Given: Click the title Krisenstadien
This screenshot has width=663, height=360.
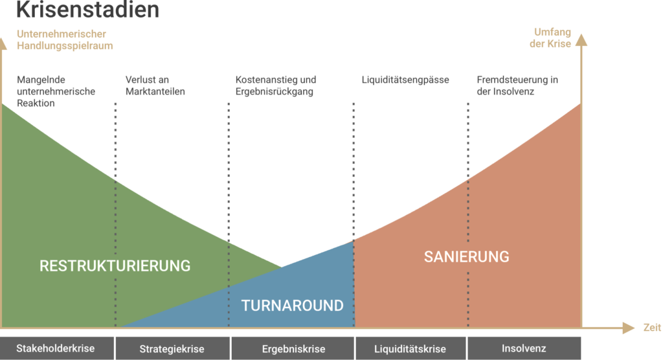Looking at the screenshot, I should coord(87,9).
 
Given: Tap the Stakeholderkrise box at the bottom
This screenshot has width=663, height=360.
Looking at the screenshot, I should coord(56,348).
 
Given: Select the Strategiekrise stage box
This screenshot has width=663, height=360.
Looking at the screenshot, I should coord(172,349).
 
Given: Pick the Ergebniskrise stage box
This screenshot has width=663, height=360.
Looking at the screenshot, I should coord(293,349).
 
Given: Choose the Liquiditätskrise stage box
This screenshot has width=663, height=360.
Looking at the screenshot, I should coord(410,349).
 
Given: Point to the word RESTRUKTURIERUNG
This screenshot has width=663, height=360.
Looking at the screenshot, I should coord(115,265).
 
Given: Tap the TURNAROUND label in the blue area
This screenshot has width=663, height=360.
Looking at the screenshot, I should coord(292,305).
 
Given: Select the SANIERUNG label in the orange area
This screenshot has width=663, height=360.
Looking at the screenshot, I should coord(466,256).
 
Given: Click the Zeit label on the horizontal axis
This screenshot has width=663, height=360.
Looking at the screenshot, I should coord(652,328).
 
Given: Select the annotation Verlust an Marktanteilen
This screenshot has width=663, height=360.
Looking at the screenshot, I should coord(155,85).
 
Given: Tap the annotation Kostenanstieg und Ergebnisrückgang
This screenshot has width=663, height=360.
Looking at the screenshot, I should coord(276,85).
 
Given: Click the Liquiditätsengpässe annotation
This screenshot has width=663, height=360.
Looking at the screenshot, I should coord(405,80).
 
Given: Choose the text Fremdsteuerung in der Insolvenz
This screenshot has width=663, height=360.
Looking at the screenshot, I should coord(517,85).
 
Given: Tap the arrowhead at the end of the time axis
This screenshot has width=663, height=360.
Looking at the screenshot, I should coord(630,328).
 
